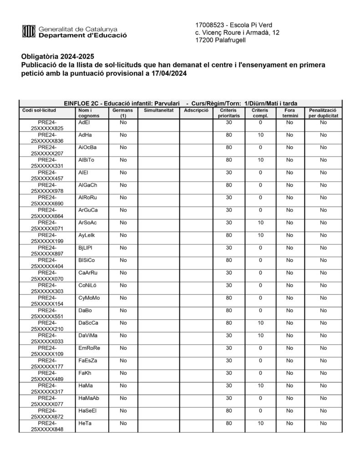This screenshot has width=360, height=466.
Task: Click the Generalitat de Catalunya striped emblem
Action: (x=29, y=31)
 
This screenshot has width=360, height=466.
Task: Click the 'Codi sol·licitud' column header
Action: (x=39, y=111)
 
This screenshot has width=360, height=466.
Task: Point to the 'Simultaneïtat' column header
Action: (x=158, y=111)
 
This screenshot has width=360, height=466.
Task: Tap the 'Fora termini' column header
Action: (x=290, y=113)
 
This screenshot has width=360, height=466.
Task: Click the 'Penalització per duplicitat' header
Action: (x=323, y=113)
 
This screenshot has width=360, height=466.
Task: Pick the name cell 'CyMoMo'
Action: (x=89, y=298)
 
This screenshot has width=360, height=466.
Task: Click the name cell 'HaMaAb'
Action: (x=89, y=398)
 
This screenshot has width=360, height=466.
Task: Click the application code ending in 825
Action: (x=47, y=126)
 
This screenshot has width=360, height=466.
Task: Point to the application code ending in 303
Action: (x=47, y=288)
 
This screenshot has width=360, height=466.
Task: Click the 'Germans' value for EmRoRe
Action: (x=123, y=348)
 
